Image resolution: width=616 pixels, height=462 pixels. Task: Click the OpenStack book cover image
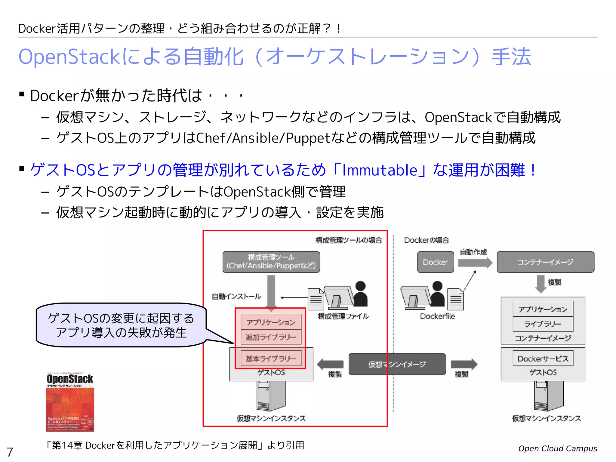[x=70, y=402]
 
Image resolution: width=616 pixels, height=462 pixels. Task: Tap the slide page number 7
[x=10, y=452]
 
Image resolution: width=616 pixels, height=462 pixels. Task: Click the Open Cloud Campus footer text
[x=557, y=448]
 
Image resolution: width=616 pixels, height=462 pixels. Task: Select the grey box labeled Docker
[x=435, y=262]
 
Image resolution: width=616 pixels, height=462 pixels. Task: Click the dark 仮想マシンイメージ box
[x=397, y=364]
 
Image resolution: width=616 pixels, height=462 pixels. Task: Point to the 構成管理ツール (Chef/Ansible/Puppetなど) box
[x=271, y=262]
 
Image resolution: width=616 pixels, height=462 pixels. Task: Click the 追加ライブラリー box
[x=271, y=337]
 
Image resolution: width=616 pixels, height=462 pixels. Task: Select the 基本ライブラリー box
[x=271, y=359]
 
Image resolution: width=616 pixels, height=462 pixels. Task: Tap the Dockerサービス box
[x=543, y=359]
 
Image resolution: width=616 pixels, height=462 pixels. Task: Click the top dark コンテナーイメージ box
[x=545, y=262]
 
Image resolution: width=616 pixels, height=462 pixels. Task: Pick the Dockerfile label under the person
[x=437, y=316]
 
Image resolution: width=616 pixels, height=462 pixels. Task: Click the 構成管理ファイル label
[x=343, y=316]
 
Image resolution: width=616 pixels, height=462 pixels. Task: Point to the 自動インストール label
[x=236, y=297]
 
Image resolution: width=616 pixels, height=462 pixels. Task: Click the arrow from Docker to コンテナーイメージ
[x=475, y=263]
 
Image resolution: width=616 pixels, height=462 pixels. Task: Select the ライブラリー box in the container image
[x=543, y=324]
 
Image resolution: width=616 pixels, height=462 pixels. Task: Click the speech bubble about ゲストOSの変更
[x=121, y=325]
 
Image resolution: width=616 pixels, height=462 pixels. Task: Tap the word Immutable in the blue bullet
[x=380, y=170]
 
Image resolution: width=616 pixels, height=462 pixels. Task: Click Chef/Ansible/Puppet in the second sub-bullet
[x=263, y=138]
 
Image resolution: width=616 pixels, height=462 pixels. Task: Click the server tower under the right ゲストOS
[x=549, y=396]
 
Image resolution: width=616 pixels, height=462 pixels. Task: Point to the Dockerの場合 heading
[x=426, y=240]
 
